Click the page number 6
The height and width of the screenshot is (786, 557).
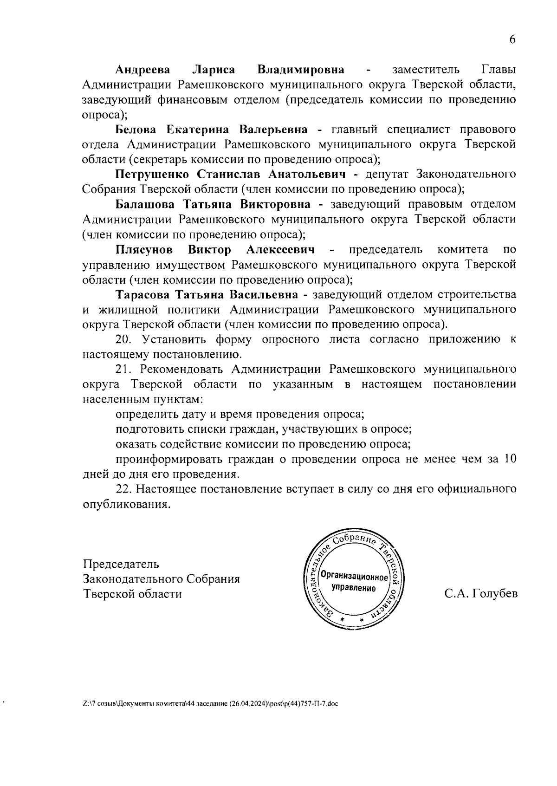click(512, 39)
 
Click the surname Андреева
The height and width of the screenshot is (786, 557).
click(142, 70)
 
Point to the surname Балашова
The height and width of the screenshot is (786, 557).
click(145, 204)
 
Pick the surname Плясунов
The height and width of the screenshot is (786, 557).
click(144, 250)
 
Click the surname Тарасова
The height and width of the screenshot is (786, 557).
click(143, 295)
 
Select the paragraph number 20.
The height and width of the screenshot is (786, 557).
click(124, 340)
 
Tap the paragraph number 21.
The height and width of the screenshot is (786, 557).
click(124, 370)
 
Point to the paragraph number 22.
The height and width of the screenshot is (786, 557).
click(124, 489)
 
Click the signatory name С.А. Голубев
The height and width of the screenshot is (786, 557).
click(480, 594)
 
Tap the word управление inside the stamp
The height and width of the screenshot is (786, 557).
click(354, 588)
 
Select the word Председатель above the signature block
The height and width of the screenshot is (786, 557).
click(121, 565)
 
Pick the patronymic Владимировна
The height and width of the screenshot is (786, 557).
click(301, 70)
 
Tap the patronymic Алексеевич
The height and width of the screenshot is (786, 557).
click(280, 250)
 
